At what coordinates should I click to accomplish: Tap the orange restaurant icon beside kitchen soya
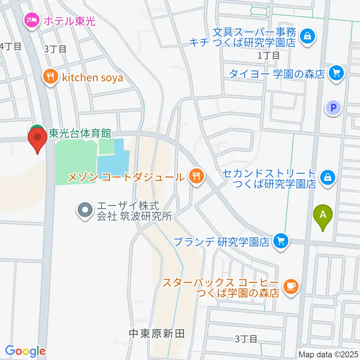50,77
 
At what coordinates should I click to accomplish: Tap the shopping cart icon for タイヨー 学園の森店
336,72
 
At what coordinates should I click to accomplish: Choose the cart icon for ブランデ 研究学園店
281,241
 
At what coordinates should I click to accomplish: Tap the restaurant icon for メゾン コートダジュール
195,175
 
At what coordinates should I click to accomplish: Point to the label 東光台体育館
80,133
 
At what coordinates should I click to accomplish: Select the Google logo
25,351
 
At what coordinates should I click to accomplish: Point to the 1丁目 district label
268,55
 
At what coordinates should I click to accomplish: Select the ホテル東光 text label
70,20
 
